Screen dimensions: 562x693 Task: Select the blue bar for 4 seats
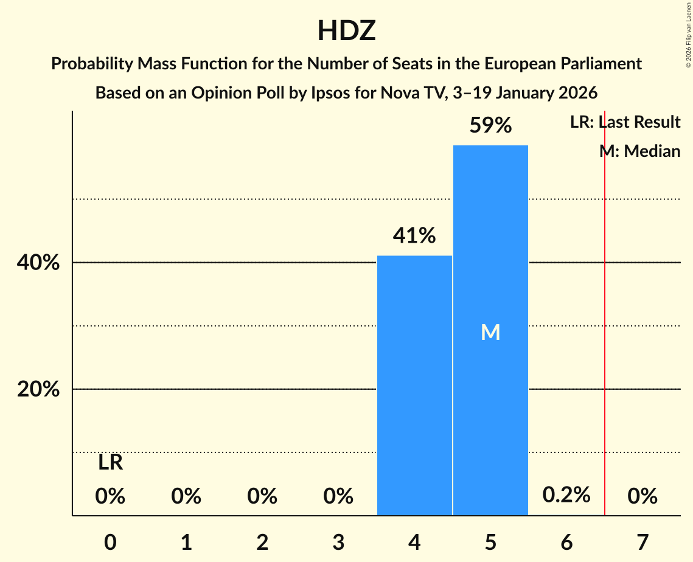[414, 386]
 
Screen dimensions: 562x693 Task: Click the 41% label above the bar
[414, 235]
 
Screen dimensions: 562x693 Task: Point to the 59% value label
[490, 125]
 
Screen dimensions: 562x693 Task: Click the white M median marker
[490, 332]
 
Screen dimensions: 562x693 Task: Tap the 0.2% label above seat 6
[566, 494]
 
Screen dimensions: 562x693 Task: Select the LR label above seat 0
[110, 463]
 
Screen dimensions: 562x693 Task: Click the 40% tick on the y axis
[38, 263]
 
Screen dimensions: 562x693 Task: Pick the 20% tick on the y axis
[38, 389]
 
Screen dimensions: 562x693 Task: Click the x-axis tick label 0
[110, 541]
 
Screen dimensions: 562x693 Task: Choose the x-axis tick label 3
[338, 541]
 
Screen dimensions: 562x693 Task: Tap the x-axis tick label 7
[643, 541]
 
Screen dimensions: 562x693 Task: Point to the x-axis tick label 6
[566, 541]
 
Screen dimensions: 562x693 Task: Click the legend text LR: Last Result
[625, 122]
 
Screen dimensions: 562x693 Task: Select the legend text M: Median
[639, 151]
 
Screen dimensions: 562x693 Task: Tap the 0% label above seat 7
[643, 496]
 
